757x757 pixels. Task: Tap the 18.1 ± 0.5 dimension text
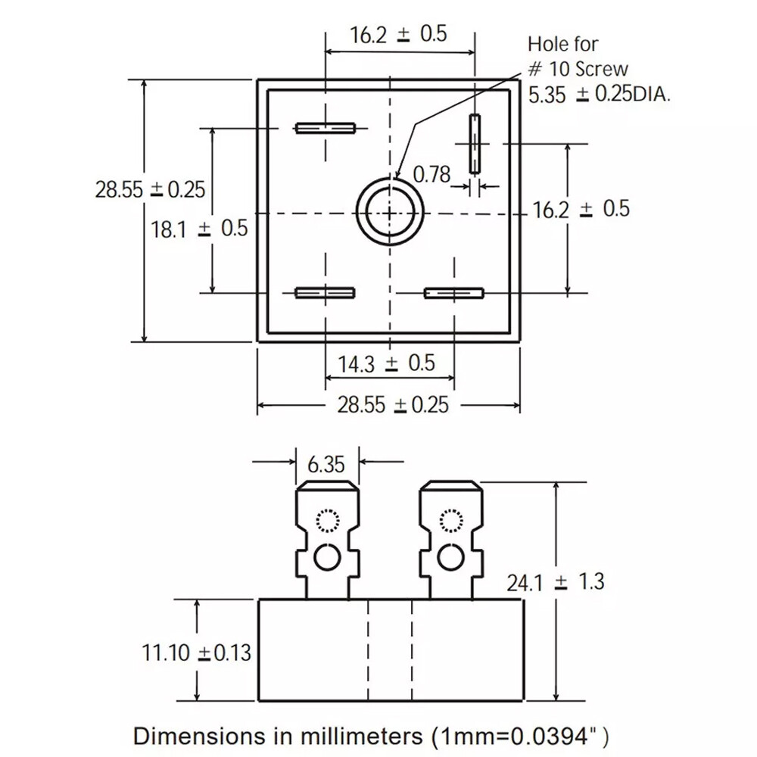pos(199,229)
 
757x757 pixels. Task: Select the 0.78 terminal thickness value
pos(431,174)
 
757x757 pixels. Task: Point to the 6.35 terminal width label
pos(326,465)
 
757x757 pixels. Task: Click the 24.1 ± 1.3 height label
pos(555,582)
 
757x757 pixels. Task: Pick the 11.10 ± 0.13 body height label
pos(197,653)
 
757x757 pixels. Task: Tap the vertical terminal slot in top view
pos(475,144)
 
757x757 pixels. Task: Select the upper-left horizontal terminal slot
pos(326,129)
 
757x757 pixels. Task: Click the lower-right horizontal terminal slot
pos(453,293)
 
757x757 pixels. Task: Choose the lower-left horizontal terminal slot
pos(325,293)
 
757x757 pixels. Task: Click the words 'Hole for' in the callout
pos(563,45)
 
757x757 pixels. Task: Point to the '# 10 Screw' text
pos(578,69)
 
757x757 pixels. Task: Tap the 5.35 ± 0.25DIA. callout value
pos(599,95)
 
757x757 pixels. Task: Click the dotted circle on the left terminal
pos(328,521)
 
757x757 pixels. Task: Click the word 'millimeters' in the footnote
pos(361,736)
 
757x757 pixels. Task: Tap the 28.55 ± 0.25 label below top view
pos(393,404)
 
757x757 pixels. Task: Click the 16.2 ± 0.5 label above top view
pos(398,35)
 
